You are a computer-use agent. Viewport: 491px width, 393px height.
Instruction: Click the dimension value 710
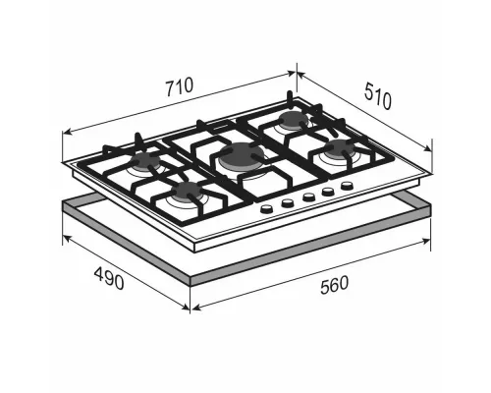click(x=180, y=86)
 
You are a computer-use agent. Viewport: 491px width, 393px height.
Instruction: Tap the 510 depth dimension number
click(x=378, y=95)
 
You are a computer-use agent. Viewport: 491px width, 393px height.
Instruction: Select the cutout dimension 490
click(x=109, y=278)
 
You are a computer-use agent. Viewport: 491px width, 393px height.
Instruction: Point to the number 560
click(x=335, y=285)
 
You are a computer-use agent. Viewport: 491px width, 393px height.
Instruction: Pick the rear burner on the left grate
click(x=146, y=160)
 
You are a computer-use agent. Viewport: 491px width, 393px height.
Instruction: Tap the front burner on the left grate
click(x=189, y=191)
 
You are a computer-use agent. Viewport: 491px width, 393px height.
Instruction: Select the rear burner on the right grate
click(x=294, y=119)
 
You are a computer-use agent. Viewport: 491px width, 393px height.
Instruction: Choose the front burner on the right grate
click(x=340, y=147)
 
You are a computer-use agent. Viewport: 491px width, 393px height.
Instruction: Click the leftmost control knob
click(x=267, y=208)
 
